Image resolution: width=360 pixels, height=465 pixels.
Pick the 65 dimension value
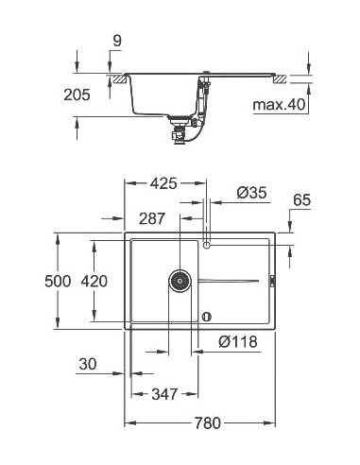pos(302,200)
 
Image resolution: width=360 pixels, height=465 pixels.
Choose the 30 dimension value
pos(90,365)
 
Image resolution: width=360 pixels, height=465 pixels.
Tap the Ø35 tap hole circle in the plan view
pos(207,245)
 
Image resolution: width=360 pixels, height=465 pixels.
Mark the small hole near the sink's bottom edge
pos(207,316)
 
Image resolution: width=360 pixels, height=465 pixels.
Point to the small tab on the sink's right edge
pos(272,280)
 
